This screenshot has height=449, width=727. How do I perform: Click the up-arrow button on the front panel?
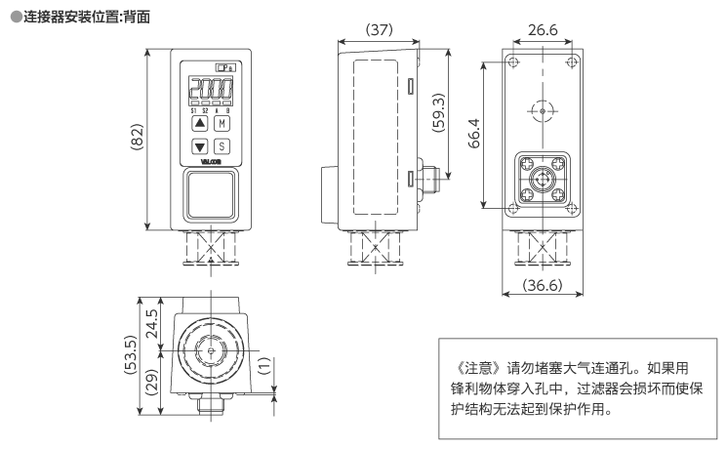199,124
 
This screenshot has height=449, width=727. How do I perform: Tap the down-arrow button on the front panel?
199,146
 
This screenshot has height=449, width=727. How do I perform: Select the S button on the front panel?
222,146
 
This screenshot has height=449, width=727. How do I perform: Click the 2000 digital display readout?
210,92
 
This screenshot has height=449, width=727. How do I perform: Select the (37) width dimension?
379,29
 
